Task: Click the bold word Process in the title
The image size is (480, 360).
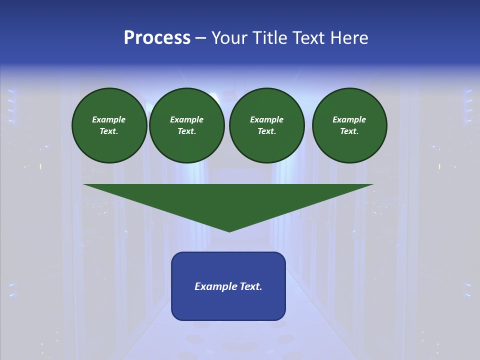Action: point(157,38)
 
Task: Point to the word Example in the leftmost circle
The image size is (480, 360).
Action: point(109,119)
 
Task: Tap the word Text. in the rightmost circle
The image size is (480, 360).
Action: point(349,131)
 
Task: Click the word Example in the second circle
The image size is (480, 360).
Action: point(187,119)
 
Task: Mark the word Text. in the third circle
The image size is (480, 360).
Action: point(267,131)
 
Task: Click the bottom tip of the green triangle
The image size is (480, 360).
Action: point(229,230)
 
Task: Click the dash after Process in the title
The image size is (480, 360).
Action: point(200,38)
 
